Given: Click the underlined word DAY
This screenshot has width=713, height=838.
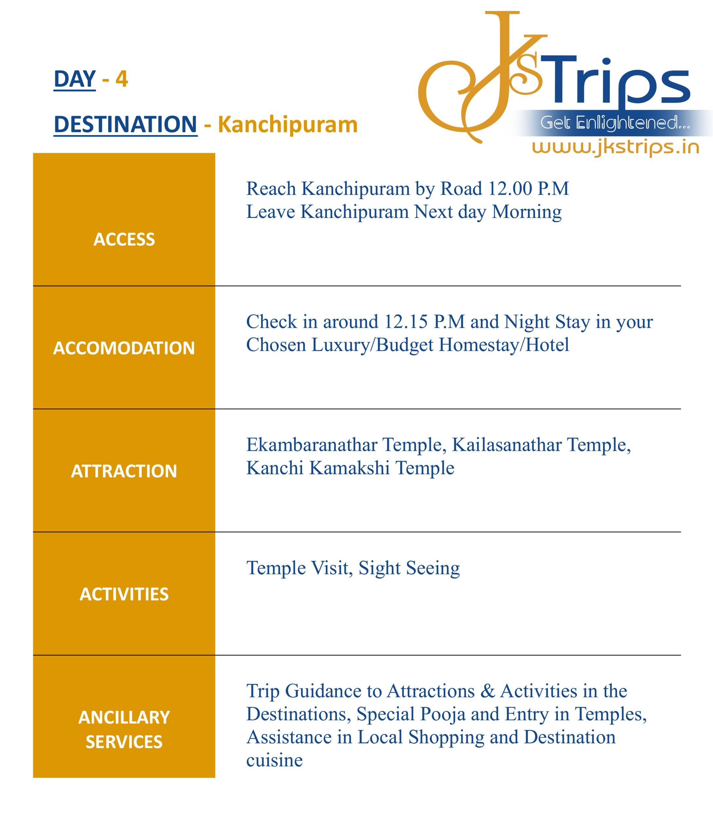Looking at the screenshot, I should [x=75, y=79].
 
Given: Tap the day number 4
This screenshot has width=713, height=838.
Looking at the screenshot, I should [x=122, y=79].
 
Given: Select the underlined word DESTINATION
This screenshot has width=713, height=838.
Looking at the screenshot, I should [x=125, y=124].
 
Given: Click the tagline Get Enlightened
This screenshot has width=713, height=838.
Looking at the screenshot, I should [x=615, y=122].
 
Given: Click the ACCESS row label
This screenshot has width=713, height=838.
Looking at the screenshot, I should [x=124, y=239].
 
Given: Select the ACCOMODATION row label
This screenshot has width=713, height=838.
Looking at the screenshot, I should [x=124, y=348].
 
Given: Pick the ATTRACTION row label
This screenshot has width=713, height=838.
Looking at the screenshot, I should [x=124, y=471].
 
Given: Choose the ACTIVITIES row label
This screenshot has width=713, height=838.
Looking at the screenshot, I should [x=124, y=594].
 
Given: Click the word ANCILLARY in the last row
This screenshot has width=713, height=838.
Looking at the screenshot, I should [x=124, y=717].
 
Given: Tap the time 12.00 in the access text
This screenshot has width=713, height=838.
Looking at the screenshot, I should [x=510, y=189].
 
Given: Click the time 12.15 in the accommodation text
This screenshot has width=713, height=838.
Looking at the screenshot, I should [x=406, y=322].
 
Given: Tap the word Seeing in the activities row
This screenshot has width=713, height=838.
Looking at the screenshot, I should [x=433, y=568].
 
